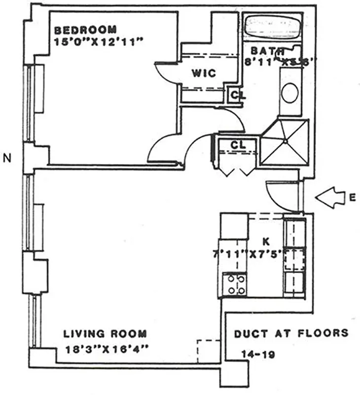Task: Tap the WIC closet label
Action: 204,73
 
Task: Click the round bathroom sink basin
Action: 290,92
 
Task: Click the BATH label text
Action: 267,50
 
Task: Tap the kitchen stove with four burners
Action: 234,284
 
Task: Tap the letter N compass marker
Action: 7,158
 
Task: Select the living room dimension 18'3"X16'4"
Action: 107,349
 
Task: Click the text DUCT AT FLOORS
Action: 291,333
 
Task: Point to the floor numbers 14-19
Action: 256,354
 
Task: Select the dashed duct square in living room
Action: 208,350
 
